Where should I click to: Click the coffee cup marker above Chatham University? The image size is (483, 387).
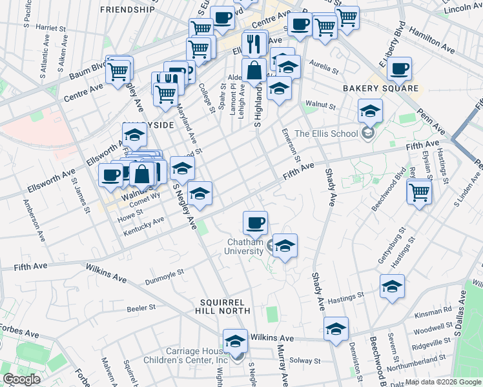(255, 223)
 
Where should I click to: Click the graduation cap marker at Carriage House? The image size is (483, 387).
(235, 340)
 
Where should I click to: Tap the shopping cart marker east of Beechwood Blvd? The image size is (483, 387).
(420, 191)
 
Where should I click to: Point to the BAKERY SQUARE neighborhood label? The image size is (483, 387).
(380, 88)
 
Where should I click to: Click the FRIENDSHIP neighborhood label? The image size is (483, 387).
(128, 10)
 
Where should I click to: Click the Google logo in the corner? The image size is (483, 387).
(21, 379)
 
